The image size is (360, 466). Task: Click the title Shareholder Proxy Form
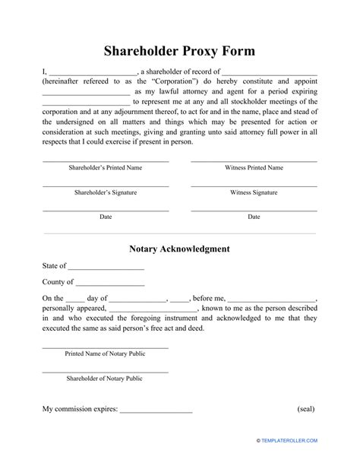(179, 52)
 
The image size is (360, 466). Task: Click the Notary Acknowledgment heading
(179, 249)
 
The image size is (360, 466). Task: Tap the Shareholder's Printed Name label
(106, 167)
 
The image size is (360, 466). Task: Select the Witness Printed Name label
(254, 167)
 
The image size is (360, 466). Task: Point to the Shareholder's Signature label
(106, 192)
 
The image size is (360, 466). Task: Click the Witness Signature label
(254, 192)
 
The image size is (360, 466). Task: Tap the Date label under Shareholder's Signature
(106, 217)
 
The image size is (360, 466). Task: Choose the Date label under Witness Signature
(254, 217)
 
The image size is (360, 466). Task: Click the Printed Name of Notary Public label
(106, 353)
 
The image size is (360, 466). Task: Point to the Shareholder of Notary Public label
(106, 377)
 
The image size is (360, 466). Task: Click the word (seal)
(306, 409)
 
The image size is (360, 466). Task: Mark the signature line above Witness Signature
(254, 185)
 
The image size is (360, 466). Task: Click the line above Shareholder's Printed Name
(106, 160)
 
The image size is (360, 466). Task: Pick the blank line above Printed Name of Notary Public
(106, 347)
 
